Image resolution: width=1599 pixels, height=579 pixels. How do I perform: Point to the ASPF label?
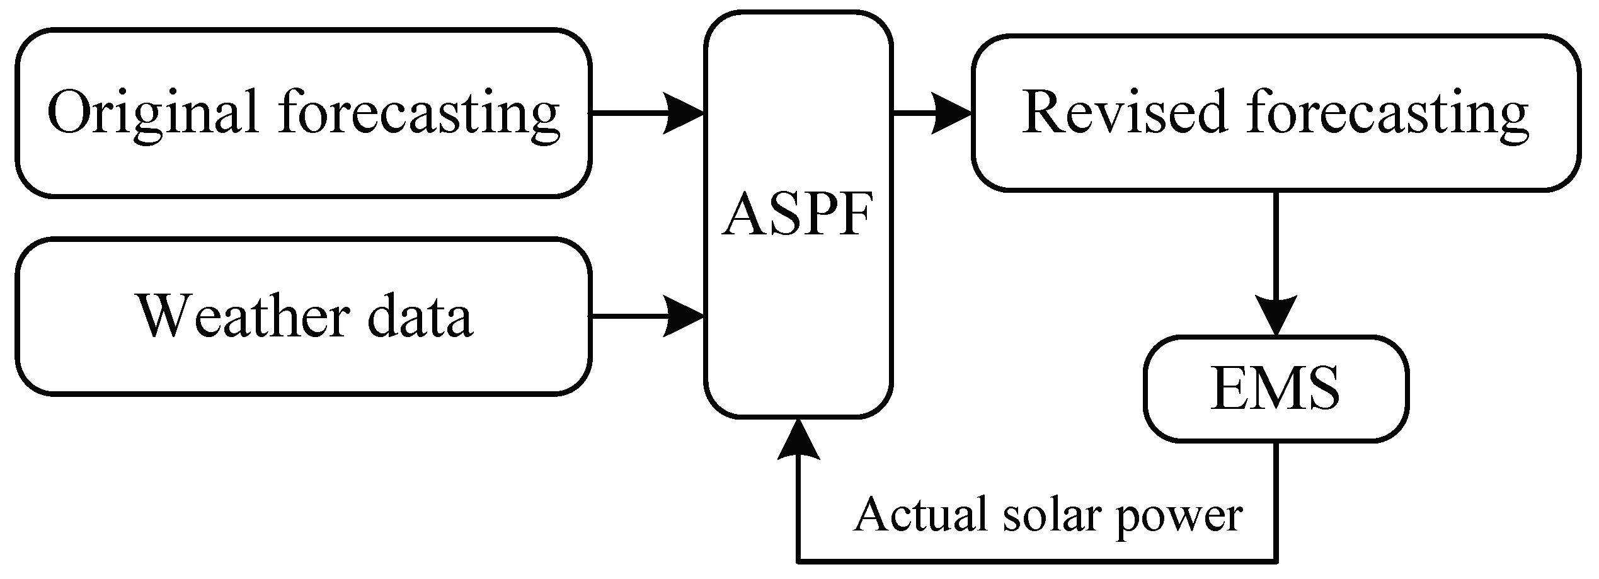tap(798, 215)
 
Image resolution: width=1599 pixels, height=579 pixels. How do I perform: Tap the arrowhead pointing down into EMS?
tap(1276, 315)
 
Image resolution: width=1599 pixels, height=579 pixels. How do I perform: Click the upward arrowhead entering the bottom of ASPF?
tap(798, 438)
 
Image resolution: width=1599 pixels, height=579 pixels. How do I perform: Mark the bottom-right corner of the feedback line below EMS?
tap(1276, 559)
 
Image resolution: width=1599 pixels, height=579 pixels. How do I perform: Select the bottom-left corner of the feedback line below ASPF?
tap(798, 559)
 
